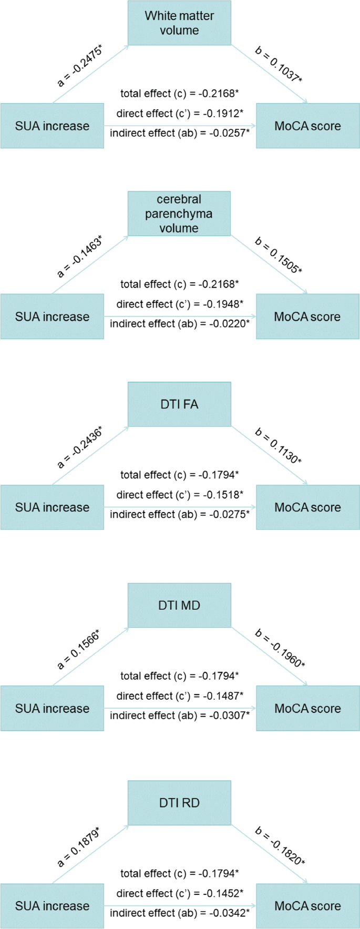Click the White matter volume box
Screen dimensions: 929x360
pyautogui.click(x=179, y=23)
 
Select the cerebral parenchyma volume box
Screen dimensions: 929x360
pyautogui.click(x=179, y=213)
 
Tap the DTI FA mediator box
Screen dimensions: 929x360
pyautogui.click(x=179, y=404)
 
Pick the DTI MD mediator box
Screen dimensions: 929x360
pyautogui.click(x=179, y=605)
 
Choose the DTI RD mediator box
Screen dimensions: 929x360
pyautogui.click(x=179, y=803)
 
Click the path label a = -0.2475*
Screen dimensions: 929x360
pyautogui.click(x=79, y=66)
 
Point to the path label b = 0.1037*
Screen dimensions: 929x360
pyautogui.click(x=279, y=65)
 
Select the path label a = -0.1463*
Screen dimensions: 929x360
pyautogui.click(x=79, y=256)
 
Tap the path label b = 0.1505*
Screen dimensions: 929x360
pyautogui.click(x=279, y=256)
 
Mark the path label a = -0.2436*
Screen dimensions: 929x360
pyautogui.click(x=79, y=447)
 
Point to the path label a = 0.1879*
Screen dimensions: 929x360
pyautogui.click(x=78, y=846)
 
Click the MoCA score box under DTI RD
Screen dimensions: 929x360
pyautogui.click(x=307, y=906)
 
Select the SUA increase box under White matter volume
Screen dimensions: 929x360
pyautogui.click(x=52, y=126)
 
